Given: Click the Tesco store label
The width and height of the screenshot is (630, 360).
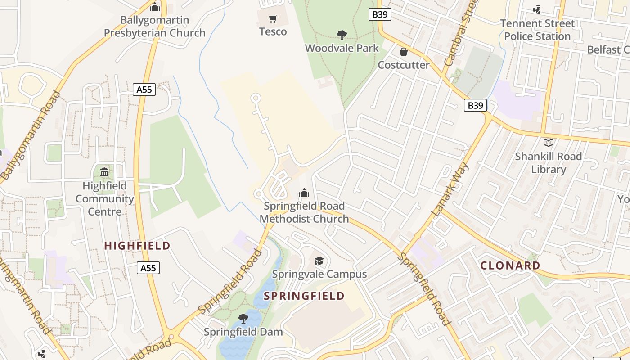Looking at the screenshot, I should tap(273, 31).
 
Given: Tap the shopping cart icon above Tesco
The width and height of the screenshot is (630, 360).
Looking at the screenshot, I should tap(273, 18).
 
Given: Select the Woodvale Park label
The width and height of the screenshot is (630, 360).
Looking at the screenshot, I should tap(342, 48).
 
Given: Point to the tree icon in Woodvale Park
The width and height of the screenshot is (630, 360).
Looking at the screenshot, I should tap(342, 35).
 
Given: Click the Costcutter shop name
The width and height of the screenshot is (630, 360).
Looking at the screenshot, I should tap(403, 65).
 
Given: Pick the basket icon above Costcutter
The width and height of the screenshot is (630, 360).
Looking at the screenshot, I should tap(404, 52).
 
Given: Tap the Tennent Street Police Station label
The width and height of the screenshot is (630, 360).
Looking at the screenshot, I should tap(537, 30).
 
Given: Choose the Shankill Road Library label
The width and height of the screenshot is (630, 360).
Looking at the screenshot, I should tap(548, 163).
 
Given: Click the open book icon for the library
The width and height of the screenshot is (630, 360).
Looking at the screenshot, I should tap(548, 143).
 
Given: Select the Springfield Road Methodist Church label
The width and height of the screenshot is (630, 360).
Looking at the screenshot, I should tap(304, 212).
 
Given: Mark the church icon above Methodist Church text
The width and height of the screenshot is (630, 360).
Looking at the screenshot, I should tap(304, 193).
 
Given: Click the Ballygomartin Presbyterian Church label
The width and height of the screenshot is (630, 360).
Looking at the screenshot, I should tap(155, 27).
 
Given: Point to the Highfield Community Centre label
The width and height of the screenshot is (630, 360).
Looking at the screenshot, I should tap(105, 198).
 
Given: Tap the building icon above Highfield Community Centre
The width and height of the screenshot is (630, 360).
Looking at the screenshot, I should tap(105, 172).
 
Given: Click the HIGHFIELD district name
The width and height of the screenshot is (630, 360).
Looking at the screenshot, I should tap(137, 246).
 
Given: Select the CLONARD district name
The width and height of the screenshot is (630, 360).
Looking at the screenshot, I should tap(510, 265).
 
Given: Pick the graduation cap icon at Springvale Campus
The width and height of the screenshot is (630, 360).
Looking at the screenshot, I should tap(319, 261).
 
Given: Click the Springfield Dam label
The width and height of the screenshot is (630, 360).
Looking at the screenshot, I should tap(243, 332).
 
